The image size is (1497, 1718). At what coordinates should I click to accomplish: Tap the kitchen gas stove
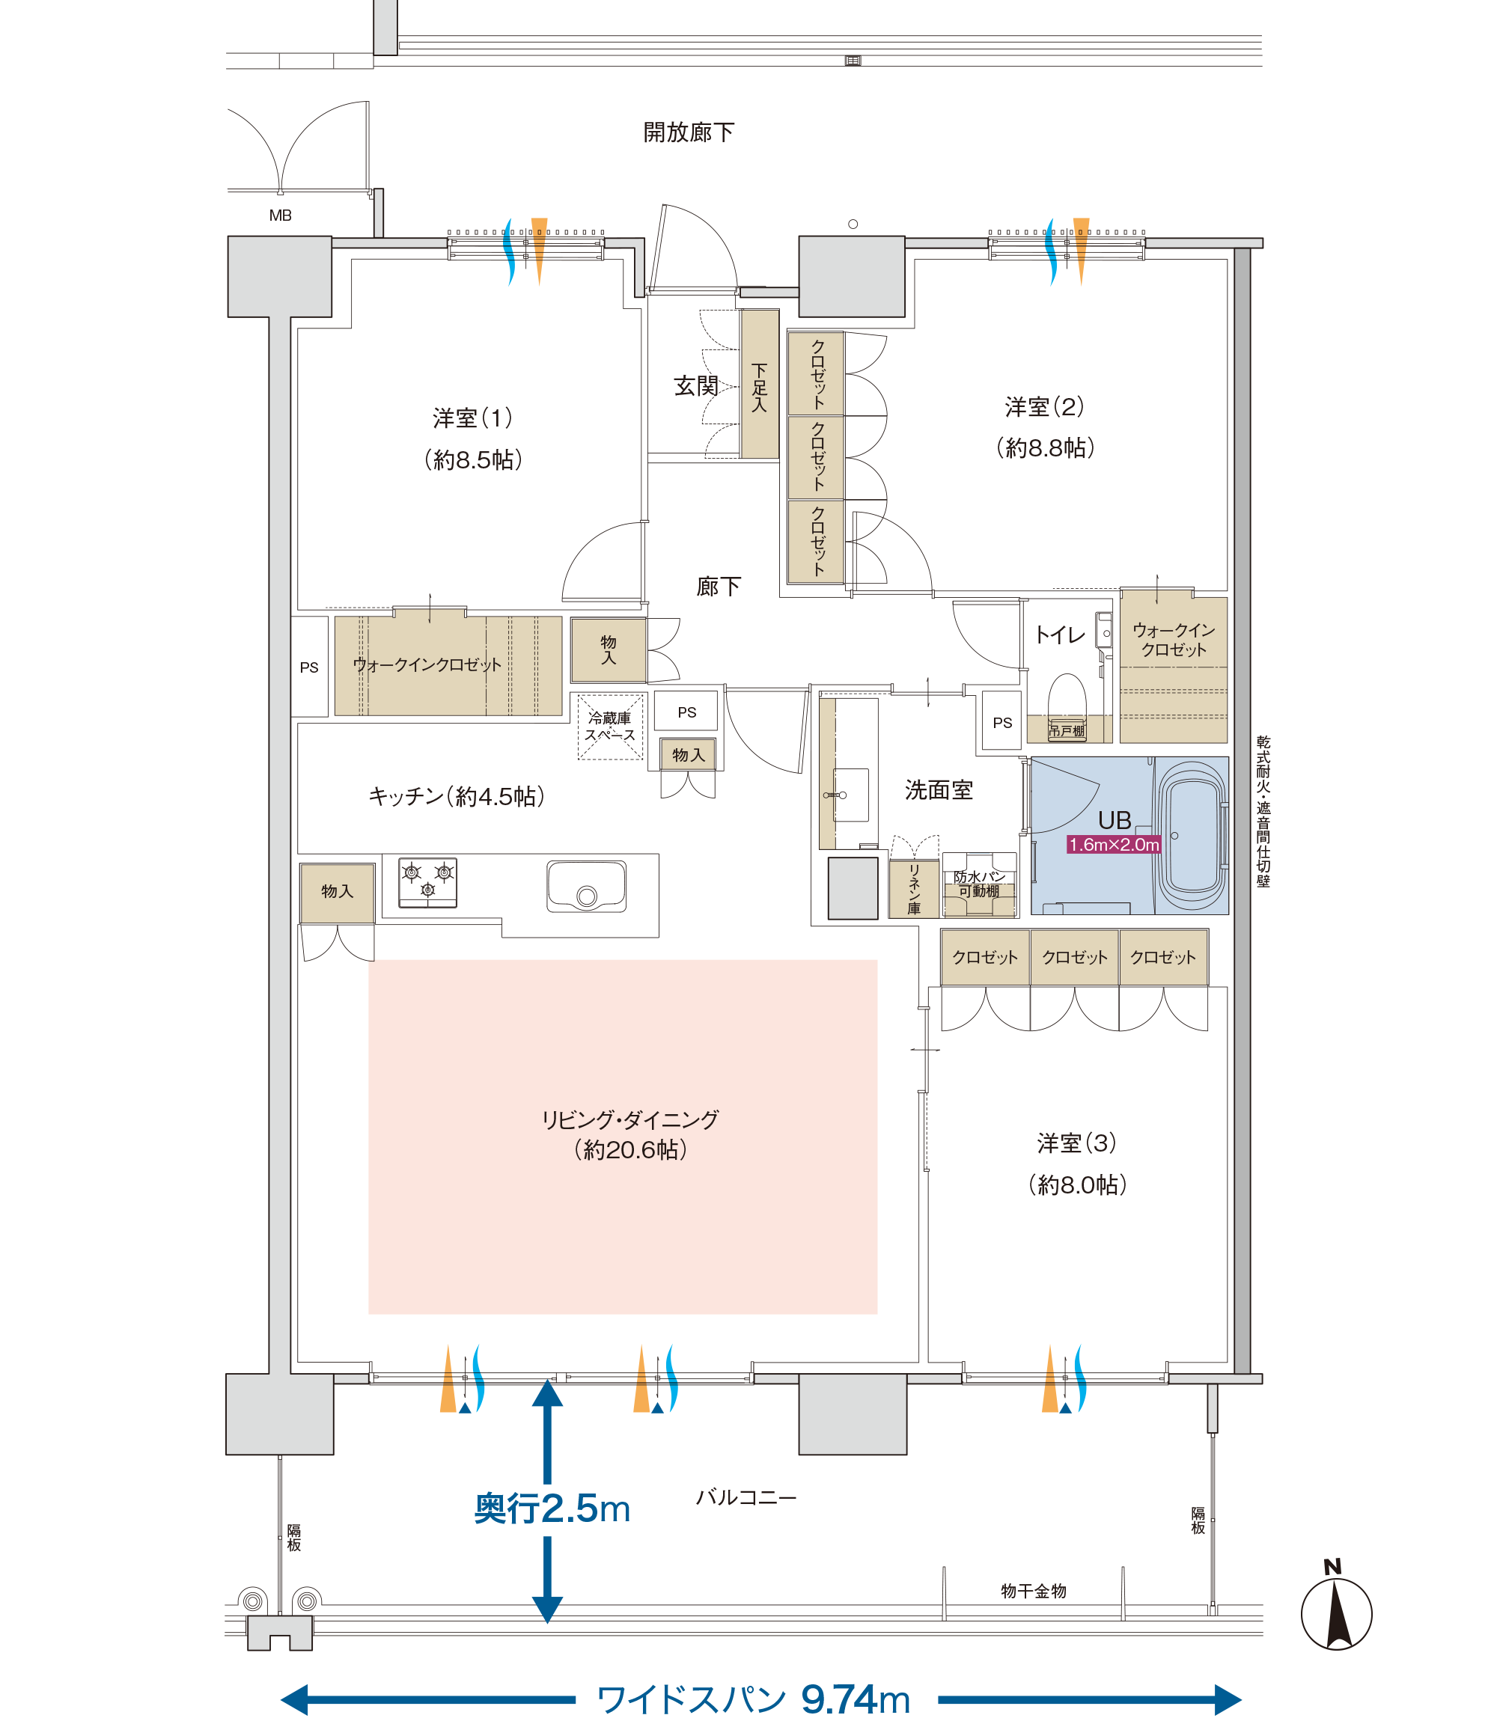click(427, 882)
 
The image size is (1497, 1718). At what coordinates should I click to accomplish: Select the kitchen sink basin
click(586, 886)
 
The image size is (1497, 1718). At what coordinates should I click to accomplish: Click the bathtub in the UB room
click(1192, 835)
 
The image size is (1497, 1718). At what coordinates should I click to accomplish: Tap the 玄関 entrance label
click(696, 386)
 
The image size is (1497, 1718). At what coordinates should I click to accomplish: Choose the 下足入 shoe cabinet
click(760, 384)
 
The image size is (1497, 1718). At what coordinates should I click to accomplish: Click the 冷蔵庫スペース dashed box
click(611, 727)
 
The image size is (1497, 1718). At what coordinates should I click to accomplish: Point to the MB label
click(280, 215)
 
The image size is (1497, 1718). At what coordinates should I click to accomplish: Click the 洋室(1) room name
click(473, 418)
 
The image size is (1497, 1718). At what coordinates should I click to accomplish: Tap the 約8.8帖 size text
click(1045, 447)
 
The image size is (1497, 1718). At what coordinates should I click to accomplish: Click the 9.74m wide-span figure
click(855, 1699)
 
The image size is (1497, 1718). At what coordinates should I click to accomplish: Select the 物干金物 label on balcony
click(1034, 1590)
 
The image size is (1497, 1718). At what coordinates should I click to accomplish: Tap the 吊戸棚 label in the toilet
click(1067, 731)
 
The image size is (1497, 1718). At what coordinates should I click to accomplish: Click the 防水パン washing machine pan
click(979, 884)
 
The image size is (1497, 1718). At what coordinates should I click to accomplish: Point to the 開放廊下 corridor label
click(689, 132)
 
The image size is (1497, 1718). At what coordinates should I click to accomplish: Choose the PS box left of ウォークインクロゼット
click(309, 667)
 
